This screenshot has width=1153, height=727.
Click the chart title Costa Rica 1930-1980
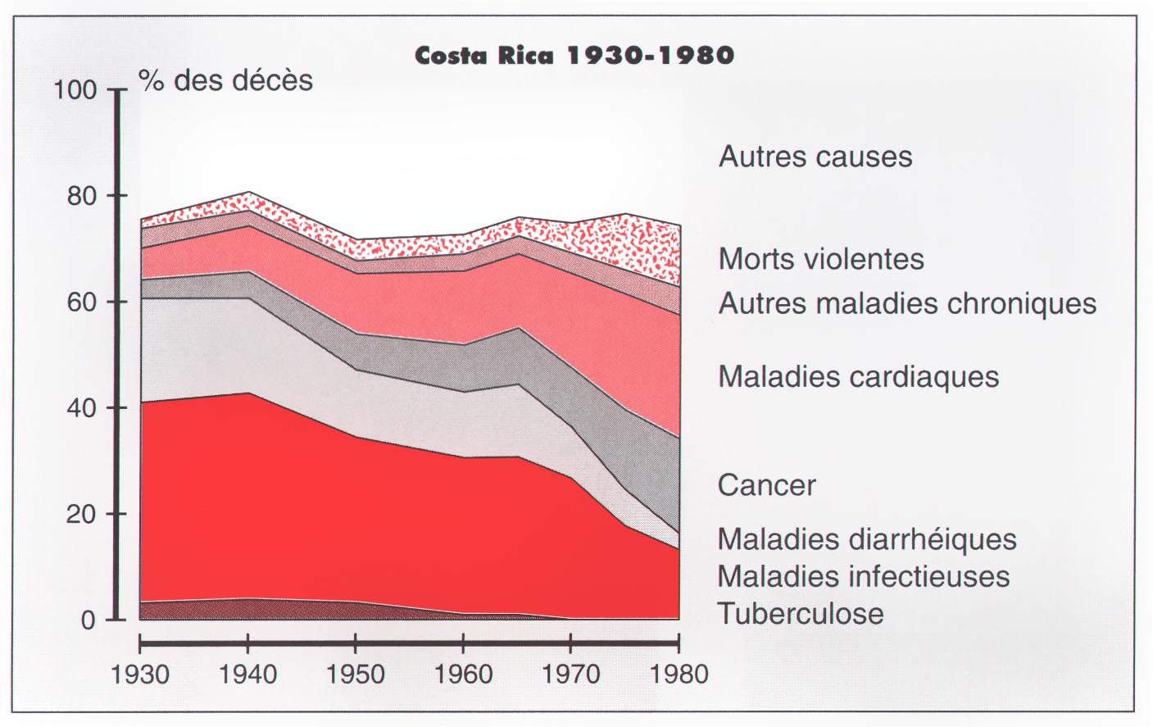tap(574, 55)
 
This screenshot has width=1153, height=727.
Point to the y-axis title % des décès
tap(226, 80)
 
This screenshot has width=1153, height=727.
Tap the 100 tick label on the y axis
tap(75, 89)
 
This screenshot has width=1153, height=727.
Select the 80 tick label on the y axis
tap(81, 196)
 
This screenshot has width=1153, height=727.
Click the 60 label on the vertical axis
tap(81, 302)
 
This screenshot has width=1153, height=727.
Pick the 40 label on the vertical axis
tap(81, 408)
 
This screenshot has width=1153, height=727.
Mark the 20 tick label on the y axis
tap(81, 515)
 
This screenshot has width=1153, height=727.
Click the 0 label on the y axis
tap(89, 620)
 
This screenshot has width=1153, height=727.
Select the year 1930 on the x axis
tap(140, 675)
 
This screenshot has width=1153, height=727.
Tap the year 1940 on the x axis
tap(247, 675)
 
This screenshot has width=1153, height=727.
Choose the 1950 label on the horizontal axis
tap(355, 675)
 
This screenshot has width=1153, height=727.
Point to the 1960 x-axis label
tap(463, 675)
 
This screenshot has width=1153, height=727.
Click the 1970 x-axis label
tap(571, 675)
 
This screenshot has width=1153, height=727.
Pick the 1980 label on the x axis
tap(679, 675)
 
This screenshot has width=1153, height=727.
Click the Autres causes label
tap(815, 157)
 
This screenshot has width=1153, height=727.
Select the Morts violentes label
tap(821, 259)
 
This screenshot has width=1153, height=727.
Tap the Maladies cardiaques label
tap(858, 377)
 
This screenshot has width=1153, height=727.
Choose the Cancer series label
tap(766, 485)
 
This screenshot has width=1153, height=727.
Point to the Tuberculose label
tap(801, 614)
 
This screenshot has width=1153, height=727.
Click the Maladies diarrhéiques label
tap(867, 540)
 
